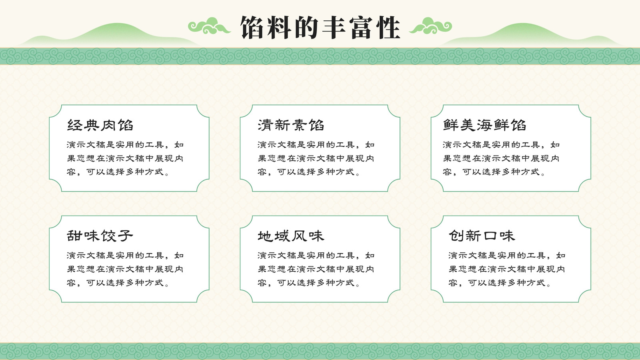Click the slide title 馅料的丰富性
tap(320, 28)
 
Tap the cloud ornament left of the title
tap(209, 26)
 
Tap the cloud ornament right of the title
tap(430, 26)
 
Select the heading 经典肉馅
tap(100, 125)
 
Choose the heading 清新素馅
tap(291, 125)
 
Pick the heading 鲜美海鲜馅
tap(484, 125)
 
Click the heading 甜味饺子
tap(100, 236)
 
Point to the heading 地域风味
tap(291, 236)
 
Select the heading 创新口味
tap(482, 236)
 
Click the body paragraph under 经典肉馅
tap(125, 158)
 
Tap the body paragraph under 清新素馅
tap(316, 158)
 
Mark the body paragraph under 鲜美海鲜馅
tap(501, 158)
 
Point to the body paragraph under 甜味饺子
tap(125, 269)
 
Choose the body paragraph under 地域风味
tap(316, 269)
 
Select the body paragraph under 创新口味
tap(507, 269)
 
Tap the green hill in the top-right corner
tap(528, 36)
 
